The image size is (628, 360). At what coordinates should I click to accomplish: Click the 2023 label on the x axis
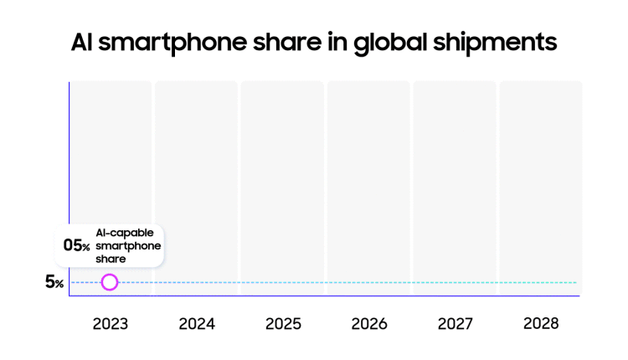click(x=110, y=323)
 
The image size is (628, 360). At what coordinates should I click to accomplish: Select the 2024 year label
click(x=197, y=323)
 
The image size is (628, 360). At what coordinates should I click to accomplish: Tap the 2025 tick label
click(x=283, y=323)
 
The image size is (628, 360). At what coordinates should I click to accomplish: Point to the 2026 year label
click(x=369, y=323)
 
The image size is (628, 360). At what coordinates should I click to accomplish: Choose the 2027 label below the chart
click(x=455, y=323)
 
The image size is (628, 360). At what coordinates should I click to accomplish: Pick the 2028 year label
click(x=541, y=323)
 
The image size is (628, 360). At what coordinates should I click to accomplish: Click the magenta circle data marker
click(x=110, y=282)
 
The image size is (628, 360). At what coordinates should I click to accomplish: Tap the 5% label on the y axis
click(x=54, y=282)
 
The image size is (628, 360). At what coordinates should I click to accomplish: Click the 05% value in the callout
click(x=76, y=245)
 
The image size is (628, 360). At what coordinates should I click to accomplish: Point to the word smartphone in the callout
click(x=127, y=246)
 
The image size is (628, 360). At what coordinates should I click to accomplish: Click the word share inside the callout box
click(x=111, y=260)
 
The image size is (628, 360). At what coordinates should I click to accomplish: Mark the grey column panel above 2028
click(x=541, y=184)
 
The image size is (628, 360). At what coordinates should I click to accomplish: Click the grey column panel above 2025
click(x=283, y=184)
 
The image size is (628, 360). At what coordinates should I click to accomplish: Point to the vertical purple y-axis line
click(x=69, y=167)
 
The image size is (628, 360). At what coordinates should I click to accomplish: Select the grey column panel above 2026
click(x=369, y=184)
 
